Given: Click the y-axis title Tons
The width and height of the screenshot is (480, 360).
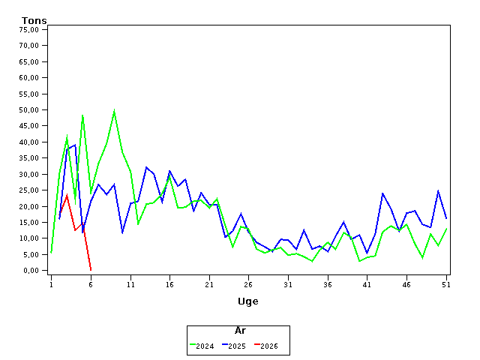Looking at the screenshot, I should coord(34,20).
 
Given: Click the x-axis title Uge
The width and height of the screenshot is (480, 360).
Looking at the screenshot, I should coord(247,301).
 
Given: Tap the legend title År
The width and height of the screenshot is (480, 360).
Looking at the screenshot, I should coord(240,331).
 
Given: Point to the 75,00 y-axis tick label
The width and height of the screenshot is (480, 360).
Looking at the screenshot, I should coord(29,29).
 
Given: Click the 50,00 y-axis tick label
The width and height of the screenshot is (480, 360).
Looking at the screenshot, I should coord(29,109).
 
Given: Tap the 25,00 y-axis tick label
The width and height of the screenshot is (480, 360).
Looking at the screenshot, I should coord(29,190).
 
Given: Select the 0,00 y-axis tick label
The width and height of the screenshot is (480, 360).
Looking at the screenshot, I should coord(31,271).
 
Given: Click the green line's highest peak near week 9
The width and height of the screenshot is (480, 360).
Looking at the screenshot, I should coord(114,110).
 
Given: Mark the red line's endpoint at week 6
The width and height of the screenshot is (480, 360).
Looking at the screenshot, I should coord(91,270).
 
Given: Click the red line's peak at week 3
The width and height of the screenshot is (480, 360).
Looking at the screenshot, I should coord(67,196).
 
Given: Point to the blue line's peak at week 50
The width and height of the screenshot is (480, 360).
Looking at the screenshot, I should coord(439,190).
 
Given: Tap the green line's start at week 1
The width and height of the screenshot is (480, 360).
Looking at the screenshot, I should coord(51,253).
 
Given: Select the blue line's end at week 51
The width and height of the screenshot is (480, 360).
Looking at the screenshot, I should coord(447,219).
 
